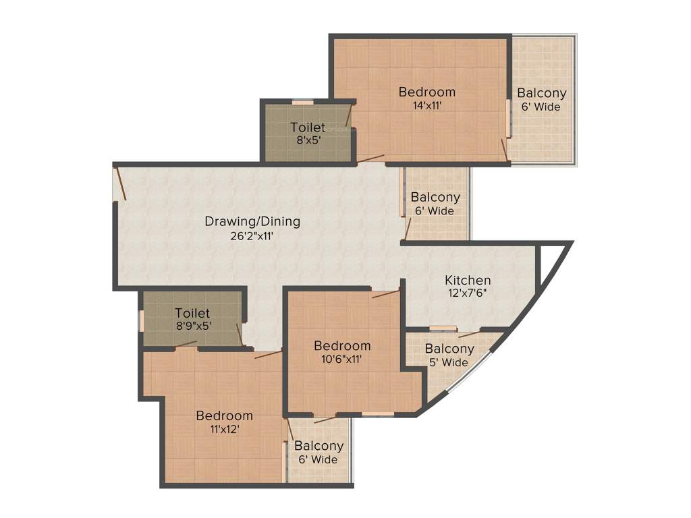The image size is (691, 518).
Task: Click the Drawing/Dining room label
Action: (252, 221)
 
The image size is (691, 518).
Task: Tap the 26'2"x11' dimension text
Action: (252, 236)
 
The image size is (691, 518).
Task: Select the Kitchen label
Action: (468, 280)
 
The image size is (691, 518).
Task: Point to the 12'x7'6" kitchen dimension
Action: (468, 294)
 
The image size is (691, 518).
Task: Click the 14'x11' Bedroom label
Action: (426, 92)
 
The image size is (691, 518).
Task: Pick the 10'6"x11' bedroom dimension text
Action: (342, 359)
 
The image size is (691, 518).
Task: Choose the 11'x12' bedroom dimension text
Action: (224, 429)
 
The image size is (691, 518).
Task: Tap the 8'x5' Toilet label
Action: (308, 127)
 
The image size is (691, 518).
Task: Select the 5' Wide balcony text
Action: (449, 363)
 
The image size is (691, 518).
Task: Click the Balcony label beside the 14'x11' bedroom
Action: (541, 93)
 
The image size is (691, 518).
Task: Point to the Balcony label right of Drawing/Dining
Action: (435, 198)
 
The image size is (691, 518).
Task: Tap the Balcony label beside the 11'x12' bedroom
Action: (319, 446)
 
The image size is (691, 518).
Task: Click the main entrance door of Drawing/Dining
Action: (120, 183)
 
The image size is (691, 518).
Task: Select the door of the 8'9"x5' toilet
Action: (239, 334)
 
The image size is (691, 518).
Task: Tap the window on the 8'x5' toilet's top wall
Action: (302, 103)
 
